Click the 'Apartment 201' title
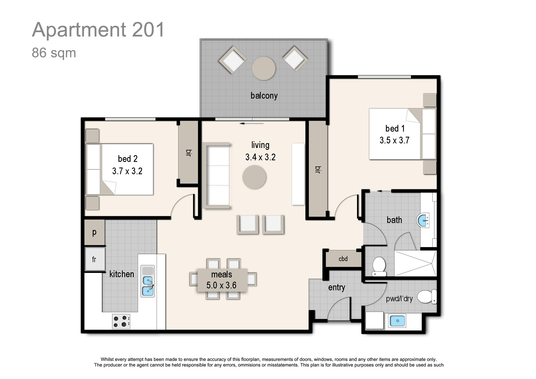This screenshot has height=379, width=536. (98, 30)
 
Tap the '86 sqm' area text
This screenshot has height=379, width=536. (54, 53)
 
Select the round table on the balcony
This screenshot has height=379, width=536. (264, 68)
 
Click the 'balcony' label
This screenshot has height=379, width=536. (264, 95)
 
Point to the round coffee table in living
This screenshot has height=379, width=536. (254, 177)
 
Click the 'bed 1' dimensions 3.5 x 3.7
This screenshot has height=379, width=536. (394, 140)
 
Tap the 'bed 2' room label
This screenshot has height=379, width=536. (128, 159)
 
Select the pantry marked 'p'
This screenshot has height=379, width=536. (94, 232)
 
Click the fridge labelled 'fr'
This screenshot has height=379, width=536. (95, 259)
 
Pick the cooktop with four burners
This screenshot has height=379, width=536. (121, 321)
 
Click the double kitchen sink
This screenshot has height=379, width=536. (148, 281)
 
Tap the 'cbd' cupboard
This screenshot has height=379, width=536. (343, 259)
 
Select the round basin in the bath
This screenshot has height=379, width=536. (423, 220)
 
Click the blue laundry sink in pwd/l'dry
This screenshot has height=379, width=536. (397, 321)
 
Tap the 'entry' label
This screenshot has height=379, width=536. (337, 287)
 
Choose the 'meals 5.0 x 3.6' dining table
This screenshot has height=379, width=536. (222, 280)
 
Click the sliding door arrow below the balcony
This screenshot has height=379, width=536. (252, 124)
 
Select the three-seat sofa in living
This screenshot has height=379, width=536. (216, 176)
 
